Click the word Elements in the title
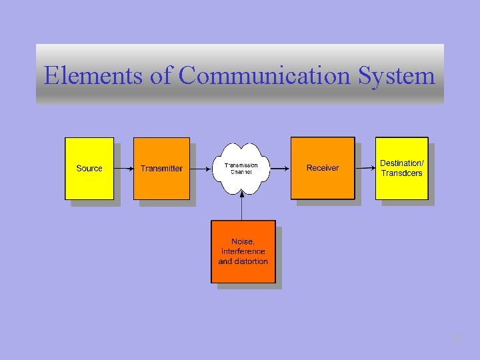(x=93, y=75)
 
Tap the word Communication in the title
(x=265, y=75)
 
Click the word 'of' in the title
(x=161, y=75)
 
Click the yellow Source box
(x=89, y=168)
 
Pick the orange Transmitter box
(x=161, y=168)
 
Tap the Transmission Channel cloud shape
(x=241, y=168)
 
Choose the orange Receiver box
(x=323, y=168)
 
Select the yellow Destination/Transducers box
(x=401, y=168)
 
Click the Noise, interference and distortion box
(x=243, y=251)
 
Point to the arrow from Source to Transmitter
(x=123, y=168)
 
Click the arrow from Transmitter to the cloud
(x=201, y=168)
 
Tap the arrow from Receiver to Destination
(x=365, y=168)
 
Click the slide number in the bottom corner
(x=457, y=339)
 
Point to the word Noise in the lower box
(x=243, y=241)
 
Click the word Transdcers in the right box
(x=401, y=173)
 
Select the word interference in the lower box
(x=243, y=251)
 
